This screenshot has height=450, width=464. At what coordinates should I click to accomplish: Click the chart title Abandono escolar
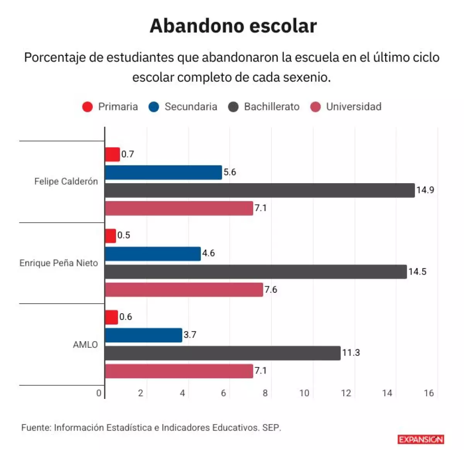[x=233, y=26]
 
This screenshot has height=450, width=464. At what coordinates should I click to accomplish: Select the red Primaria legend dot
[x=88, y=107]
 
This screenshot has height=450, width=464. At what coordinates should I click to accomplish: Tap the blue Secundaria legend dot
[x=154, y=107]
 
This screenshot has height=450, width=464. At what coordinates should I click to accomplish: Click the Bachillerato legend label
[x=271, y=107]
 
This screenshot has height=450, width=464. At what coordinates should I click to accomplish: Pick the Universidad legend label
[x=353, y=107]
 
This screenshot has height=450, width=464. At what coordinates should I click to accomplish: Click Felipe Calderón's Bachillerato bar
[x=259, y=191]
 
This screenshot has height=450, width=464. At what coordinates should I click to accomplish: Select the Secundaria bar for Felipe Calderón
[x=163, y=172]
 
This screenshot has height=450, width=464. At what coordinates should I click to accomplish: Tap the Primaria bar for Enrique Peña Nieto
[x=111, y=236]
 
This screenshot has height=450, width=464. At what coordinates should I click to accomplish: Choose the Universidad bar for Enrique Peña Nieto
[x=184, y=290]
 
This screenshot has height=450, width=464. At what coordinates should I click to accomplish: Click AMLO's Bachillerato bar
[x=222, y=353]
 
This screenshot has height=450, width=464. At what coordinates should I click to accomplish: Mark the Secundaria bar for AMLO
[x=143, y=335]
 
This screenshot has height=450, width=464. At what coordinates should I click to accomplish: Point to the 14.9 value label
[x=425, y=190]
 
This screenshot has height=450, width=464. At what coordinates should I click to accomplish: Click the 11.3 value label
[x=351, y=353]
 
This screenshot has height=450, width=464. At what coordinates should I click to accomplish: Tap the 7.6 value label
[x=271, y=290]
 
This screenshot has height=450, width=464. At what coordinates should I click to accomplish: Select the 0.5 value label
[x=124, y=235]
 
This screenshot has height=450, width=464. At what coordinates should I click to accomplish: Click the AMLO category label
[x=85, y=345]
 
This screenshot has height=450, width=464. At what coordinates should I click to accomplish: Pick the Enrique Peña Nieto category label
[x=59, y=263]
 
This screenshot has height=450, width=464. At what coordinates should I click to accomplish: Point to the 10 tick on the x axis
[x=304, y=393]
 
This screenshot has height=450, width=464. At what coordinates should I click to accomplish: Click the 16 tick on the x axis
[x=428, y=393]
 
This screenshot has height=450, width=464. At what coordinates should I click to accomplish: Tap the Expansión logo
[x=421, y=439]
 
